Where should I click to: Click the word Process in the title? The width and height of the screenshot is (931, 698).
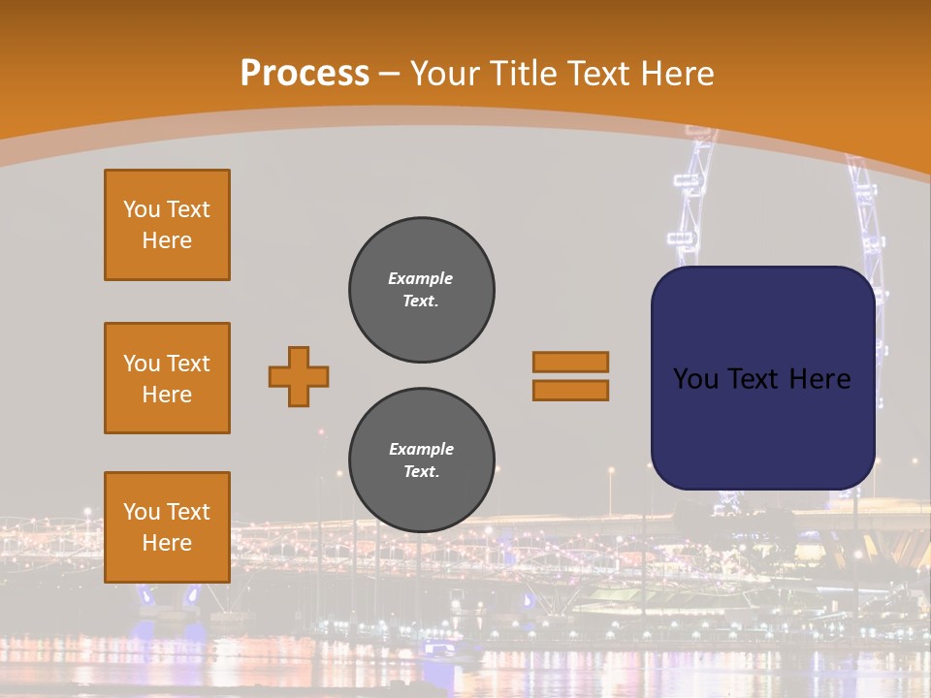305,74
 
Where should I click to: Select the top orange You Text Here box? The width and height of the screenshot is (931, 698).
167,225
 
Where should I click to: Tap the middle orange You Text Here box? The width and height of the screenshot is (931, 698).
167,378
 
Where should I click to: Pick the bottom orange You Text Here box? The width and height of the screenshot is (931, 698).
167,526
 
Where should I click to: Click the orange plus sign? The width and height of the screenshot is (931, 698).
299,376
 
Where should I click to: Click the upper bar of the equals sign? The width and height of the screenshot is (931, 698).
570,362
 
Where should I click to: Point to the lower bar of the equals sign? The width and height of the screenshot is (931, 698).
570,390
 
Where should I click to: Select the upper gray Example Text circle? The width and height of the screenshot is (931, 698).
421,290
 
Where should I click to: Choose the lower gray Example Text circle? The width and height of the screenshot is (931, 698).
421,460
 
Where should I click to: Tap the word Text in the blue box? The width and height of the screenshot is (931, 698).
754,379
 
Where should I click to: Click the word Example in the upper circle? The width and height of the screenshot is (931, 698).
420,278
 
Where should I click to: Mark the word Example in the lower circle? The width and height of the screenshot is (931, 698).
421,449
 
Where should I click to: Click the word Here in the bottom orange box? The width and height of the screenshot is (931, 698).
167,543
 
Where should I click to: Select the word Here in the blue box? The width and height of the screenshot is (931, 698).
819,379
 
